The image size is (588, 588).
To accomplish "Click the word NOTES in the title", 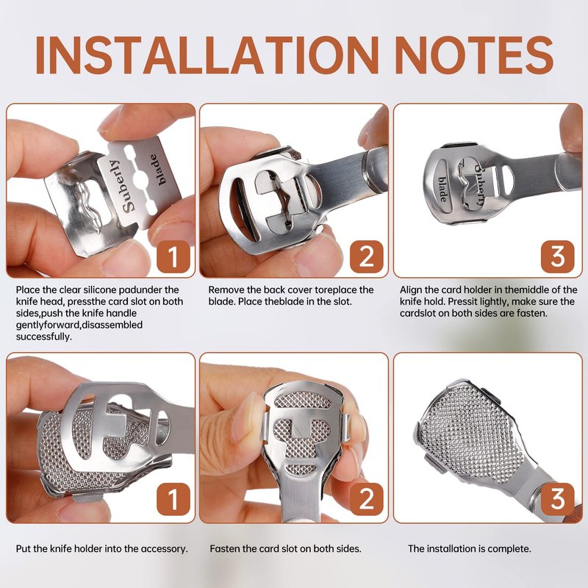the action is (x=474, y=56).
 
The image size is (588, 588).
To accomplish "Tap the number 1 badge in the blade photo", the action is (x=173, y=257).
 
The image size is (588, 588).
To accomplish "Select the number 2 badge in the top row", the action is (x=366, y=257).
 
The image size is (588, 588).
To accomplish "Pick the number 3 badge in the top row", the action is (x=558, y=257).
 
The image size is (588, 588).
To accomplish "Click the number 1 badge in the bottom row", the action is (x=173, y=499).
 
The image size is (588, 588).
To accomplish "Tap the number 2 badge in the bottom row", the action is (x=366, y=499).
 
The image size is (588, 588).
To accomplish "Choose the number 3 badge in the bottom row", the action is (x=558, y=499).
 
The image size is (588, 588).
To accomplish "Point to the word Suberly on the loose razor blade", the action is (x=119, y=186).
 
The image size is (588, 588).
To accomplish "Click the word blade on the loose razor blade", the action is (x=158, y=170).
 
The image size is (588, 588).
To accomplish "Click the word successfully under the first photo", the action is (x=43, y=337).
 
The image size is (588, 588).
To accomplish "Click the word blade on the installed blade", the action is (x=442, y=189).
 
